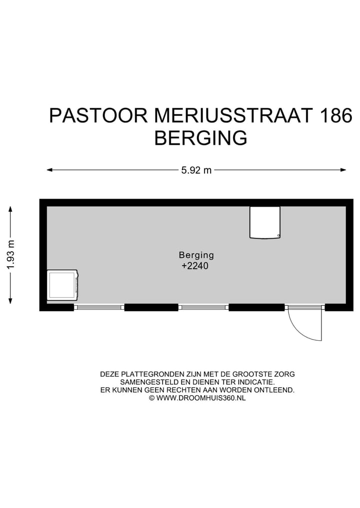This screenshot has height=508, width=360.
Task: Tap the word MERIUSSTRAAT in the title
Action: (x=233, y=116)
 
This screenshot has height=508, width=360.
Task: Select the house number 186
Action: (x=335, y=116)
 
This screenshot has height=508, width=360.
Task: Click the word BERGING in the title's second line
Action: (x=200, y=138)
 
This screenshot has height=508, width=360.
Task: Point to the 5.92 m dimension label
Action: (x=196, y=170)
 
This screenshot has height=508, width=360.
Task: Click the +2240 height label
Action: (x=194, y=266)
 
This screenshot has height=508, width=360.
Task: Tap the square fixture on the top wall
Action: (x=265, y=222)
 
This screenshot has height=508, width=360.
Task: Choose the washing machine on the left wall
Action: (x=62, y=285)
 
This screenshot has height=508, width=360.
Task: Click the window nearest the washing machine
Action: (x=99, y=307)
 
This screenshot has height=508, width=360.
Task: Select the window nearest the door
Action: (x=203, y=307)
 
